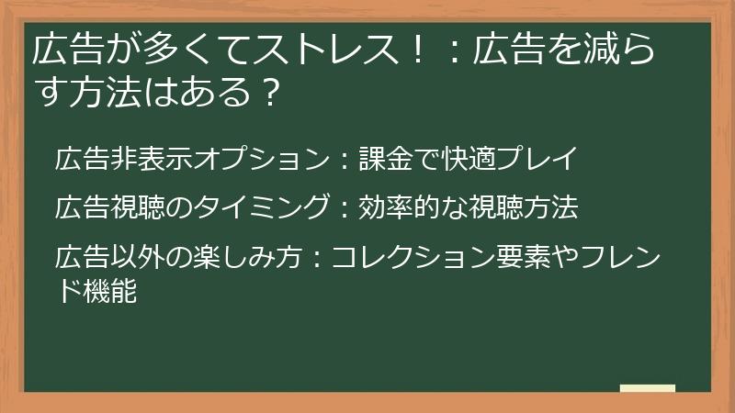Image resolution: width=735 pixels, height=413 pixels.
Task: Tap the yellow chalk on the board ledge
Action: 648,388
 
